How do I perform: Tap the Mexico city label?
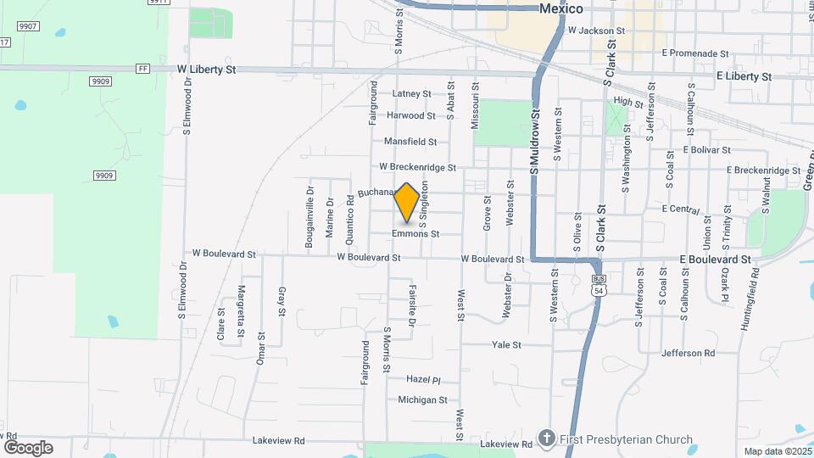tap(562, 9)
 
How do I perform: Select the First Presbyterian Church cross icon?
tap(547, 438)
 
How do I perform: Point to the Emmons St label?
tap(415, 234)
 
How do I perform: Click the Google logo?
tap(28, 448)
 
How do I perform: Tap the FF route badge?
tap(142, 69)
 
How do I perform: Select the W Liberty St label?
tap(206, 70)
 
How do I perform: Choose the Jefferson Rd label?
tap(688, 353)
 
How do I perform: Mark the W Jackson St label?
tap(596, 31)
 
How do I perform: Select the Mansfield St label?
tap(410, 142)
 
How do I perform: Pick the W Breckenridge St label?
tap(417, 167)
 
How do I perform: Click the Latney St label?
tap(412, 94)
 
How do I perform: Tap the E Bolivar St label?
tap(706, 149)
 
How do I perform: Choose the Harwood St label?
tap(410, 115)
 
